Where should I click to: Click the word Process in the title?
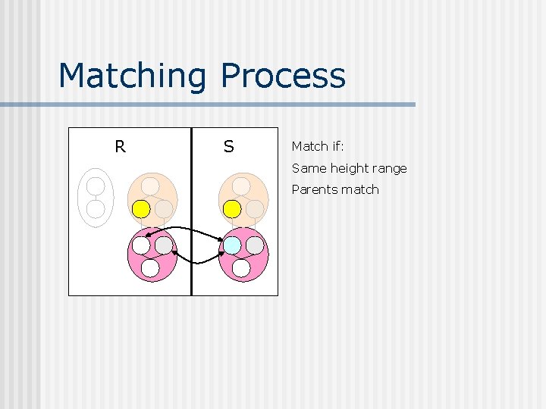[x=283, y=76]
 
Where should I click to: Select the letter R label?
[x=120, y=146]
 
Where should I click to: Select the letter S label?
[x=228, y=146]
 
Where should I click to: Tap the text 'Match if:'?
[x=318, y=146]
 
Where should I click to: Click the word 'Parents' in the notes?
[x=315, y=189]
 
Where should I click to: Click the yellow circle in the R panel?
[x=141, y=208]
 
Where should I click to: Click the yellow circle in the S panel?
[x=232, y=208]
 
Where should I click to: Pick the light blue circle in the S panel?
[x=232, y=245]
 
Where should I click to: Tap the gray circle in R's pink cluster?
[x=164, y=245]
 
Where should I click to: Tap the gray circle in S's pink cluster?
[x=255, y=245]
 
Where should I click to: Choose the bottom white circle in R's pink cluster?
[x=150, y=268]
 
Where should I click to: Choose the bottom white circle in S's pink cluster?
[x=241, y=268]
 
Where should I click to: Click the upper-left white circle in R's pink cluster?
[x=141, y=245]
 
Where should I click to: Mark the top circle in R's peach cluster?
[x=150, y=186]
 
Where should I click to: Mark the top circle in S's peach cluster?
[x=241, y=186]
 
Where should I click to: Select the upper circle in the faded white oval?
[x=95, y=186]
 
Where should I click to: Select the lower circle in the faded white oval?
[x=95, y=208]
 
